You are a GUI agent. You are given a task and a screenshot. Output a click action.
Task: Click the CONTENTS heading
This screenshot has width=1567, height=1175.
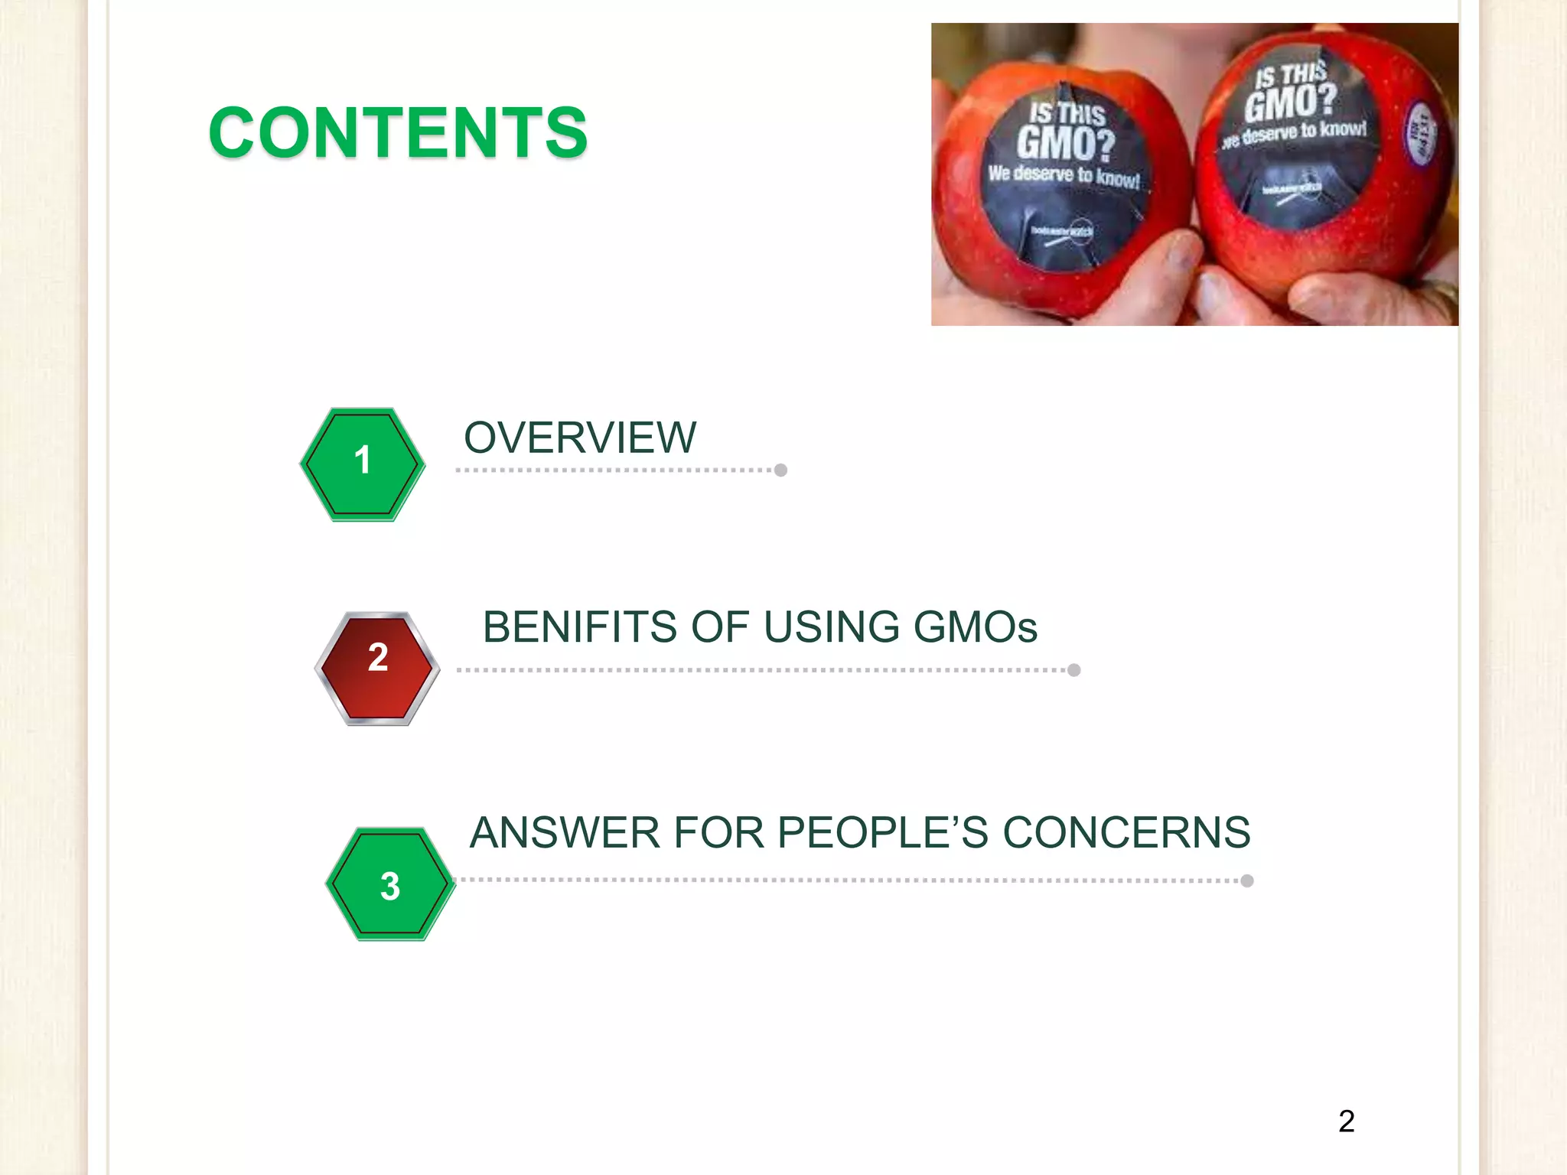pyautogui.click(x=398, y=133)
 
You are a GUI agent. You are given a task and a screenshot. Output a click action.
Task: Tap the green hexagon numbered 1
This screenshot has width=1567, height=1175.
pyautogui.click(x=363, y=464)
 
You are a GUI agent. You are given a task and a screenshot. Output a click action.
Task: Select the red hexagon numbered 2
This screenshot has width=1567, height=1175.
pyautogui.click(x=377, y=668)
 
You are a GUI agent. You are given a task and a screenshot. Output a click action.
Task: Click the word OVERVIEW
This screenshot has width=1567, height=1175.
pyautogui.click(x=580, y=438)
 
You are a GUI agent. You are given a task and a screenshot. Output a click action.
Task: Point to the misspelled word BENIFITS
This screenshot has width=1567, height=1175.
pyautogui.click(x=580, y=627)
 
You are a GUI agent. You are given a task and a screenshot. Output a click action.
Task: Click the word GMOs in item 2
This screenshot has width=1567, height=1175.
pyautogui.click(x=975, y=627)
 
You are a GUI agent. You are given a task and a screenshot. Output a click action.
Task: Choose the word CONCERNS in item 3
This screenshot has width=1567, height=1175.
pyautogui.click(x=1126, y=832)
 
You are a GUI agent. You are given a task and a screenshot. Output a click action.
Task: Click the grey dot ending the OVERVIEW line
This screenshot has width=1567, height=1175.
pyautogui.click(x=780, y=470)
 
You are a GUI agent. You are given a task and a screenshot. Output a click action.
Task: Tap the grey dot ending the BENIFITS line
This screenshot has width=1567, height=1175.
pyautogui.click(x=1074, y=670)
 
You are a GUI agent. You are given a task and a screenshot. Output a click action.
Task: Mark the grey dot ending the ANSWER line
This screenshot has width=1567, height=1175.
pyautogui.click(x=1247, y=880)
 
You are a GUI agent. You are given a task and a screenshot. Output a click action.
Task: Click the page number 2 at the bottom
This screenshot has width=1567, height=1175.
pyautogui.click(x=1347, y=1121)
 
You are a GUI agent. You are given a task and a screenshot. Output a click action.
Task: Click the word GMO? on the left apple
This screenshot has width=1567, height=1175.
pyautogui.click(x=1065, y=142)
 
